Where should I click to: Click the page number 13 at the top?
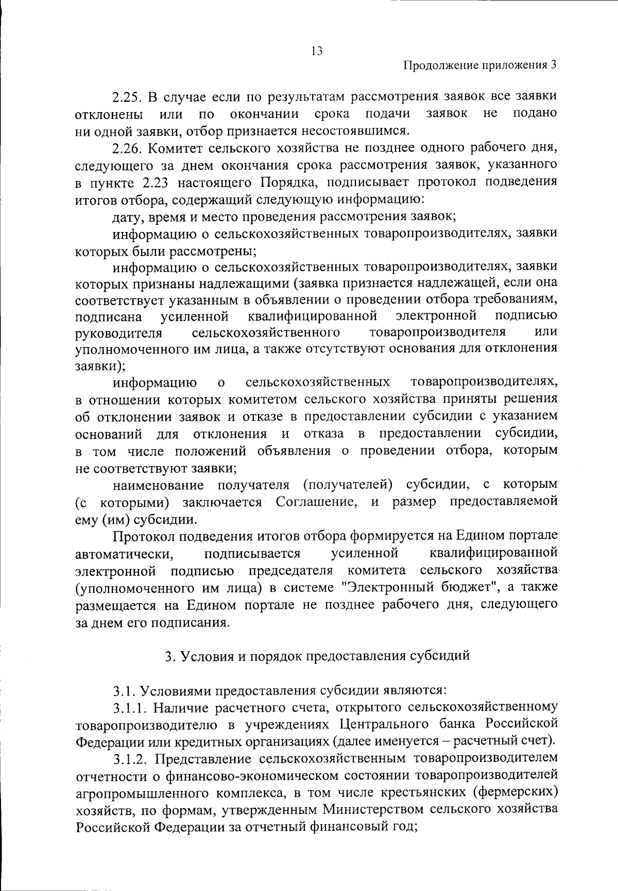pyautogui.click(x=316, y=50)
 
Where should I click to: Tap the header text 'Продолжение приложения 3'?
pyautogui.click(x=479, y=65)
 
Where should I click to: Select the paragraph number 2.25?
pyautogui.click(x=128, y=97)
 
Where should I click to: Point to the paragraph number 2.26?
pyautogui.click(x=128, y=149)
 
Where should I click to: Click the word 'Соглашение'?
pyautogui.click(x=316, y=502)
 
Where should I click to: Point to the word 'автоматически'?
pyautogui.click(x=123, y=554)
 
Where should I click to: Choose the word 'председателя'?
pyautogui.click(x=291, y=571)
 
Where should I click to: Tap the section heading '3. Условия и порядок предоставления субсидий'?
pyautogui.click(x=317, y=656)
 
